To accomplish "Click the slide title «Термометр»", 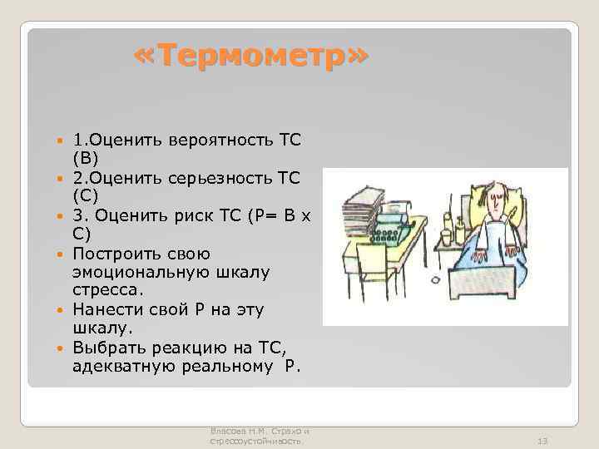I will tap(250, 57).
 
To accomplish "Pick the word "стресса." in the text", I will tap(108, 291).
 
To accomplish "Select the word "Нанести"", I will tap(105, 310).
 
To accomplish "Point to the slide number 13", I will tap(543, 441).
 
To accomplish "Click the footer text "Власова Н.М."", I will tap(242, 431).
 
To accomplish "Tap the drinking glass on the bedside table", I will tap(447, 238).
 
